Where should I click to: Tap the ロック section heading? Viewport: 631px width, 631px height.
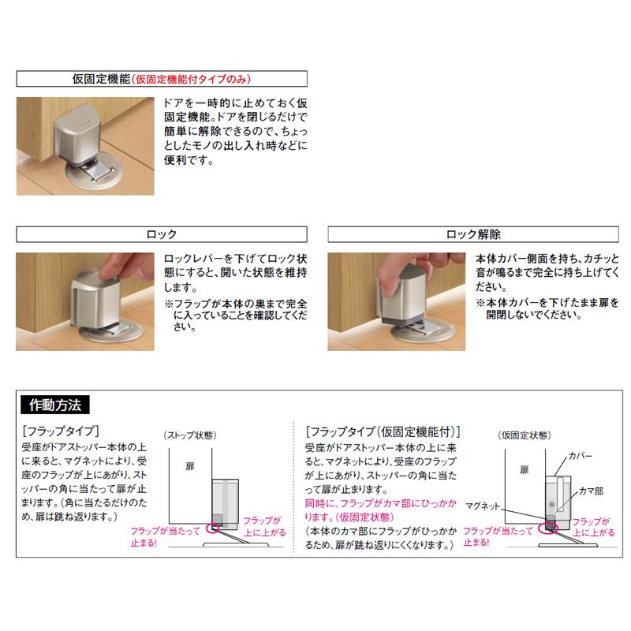[162, 234]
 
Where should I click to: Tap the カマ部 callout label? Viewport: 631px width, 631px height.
[588, 490]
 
